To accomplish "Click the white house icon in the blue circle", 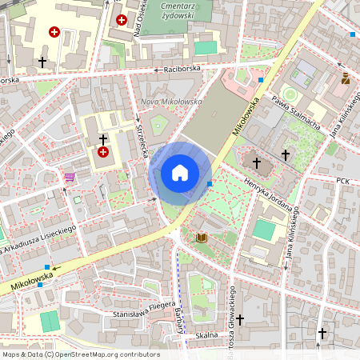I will [x=180, y=173].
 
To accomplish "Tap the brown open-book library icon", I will [x=202, y=238].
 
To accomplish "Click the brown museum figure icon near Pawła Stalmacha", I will [x=346, y=78].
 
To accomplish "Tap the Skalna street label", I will [x=206, y=335].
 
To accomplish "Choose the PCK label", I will [x=344, y=182].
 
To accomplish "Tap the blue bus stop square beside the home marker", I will [x=210, y=184].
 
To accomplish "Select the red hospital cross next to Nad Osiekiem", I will [x=122, y=19].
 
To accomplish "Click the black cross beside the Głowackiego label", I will [x=240, y=318].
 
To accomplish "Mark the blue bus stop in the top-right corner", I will [x=353, y=34].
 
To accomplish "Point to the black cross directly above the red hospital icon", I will [x=103, y=139].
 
